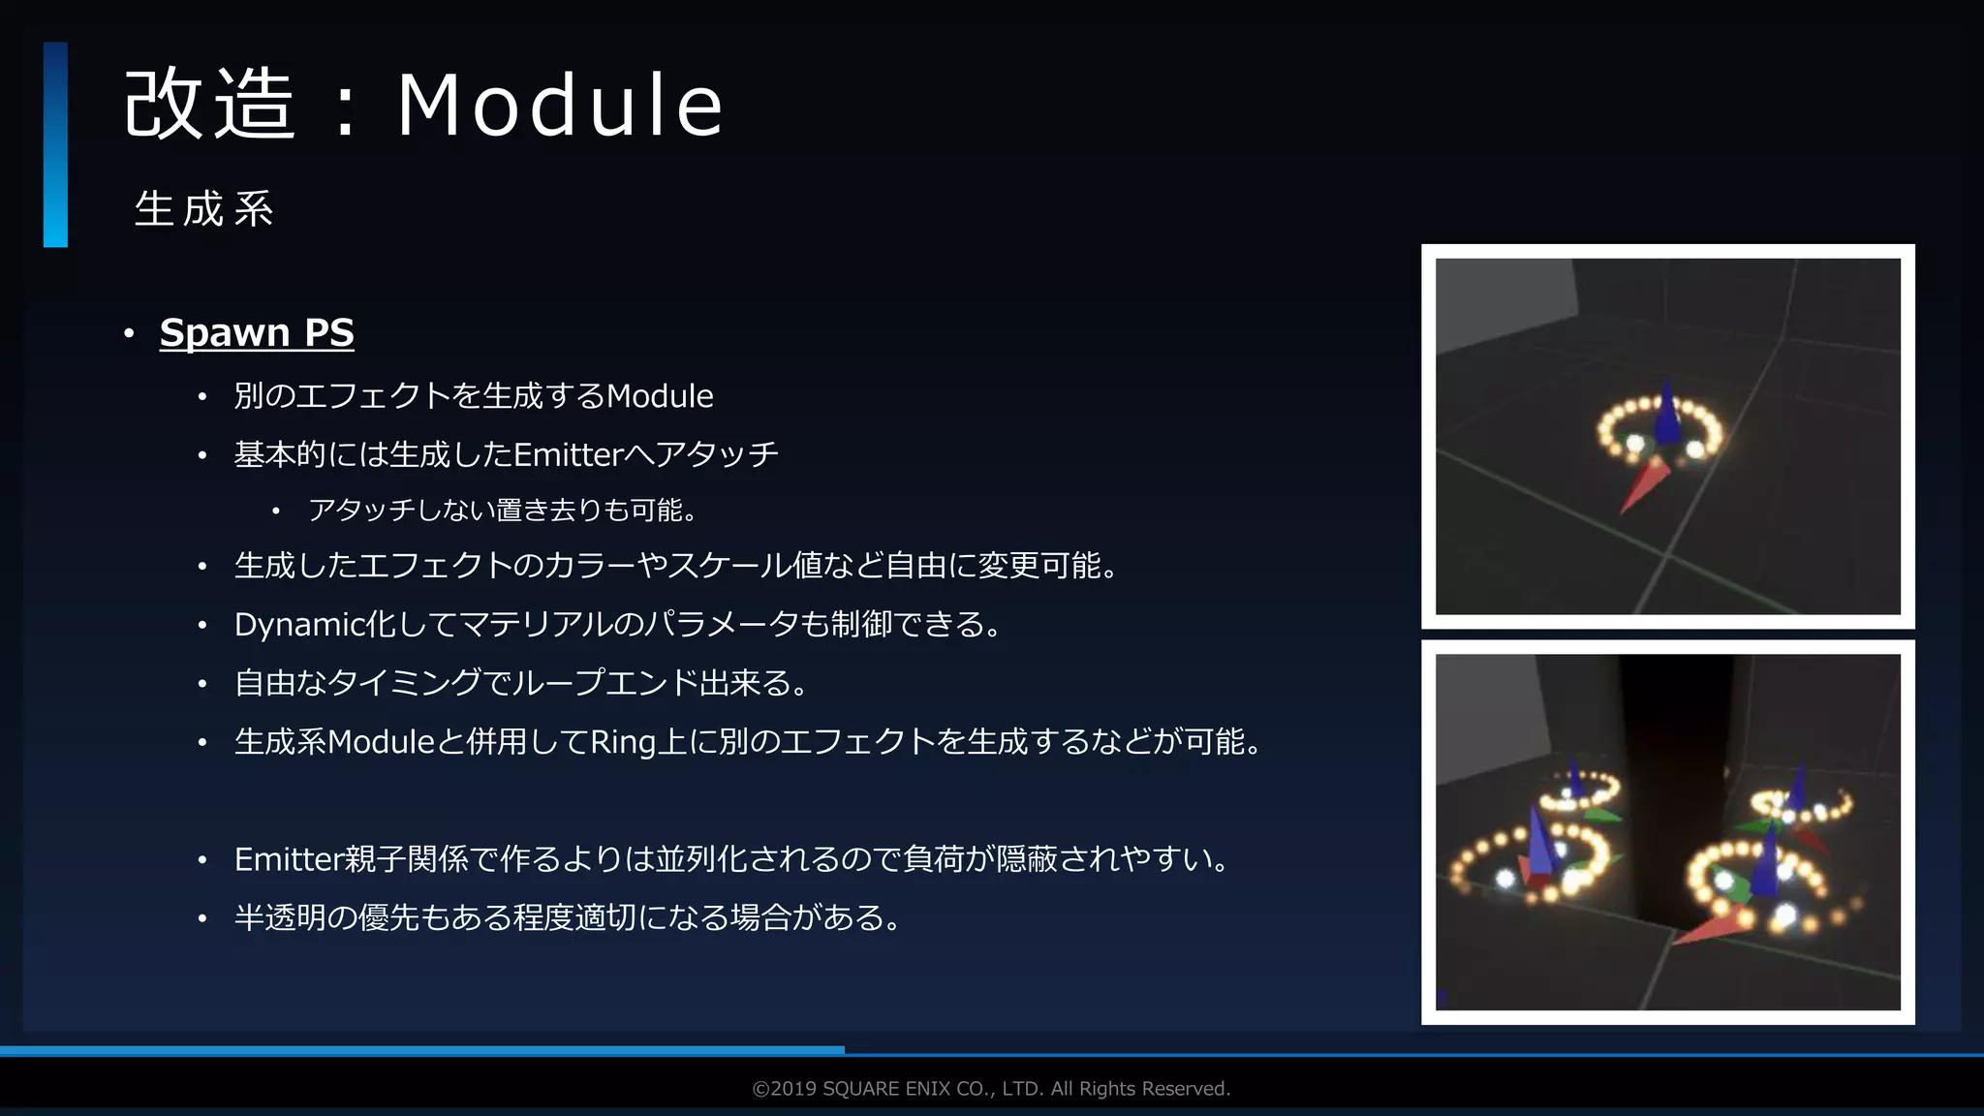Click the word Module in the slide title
point(560,105)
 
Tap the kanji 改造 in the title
point(209,105)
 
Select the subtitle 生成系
point(204,209)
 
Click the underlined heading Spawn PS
point(257,332)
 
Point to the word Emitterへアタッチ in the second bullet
point(645,454)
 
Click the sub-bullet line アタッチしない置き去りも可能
point(502,511)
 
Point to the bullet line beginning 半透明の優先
point(567,917)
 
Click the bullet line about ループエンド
point(520,684)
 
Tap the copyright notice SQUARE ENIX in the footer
point(991,1089)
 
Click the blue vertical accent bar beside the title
point(55,144)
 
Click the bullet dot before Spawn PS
point(129,334)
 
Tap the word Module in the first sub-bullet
point(660,396)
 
